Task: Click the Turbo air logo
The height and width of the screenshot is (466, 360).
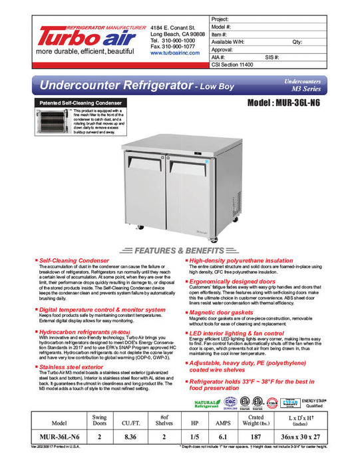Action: [x=83, y=36]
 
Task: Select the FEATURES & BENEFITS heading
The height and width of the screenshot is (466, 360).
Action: [x=180, y=251]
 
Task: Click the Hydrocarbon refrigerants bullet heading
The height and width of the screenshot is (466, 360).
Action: [x=80, y=331]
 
